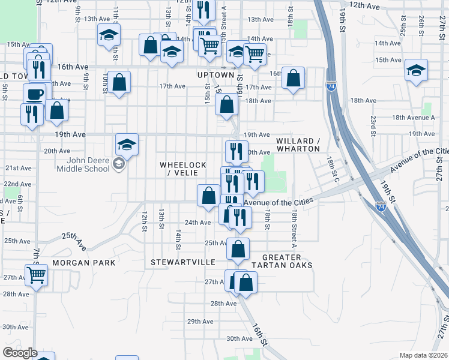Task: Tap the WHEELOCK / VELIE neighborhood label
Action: click(x=183, y=169)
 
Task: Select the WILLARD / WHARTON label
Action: click(x=298, y=145)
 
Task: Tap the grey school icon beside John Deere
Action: click(x=119, y=164)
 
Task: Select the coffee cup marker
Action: click(x=34, y=94)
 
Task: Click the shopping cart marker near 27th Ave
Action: click(x=37, y=275)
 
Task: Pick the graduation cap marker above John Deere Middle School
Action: click(x=127, y=145)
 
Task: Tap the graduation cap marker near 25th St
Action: click(x=416, y=70)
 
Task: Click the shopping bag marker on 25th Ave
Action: click(x=238, y=248)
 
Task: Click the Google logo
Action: click(x=20, y=353)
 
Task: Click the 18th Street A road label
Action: click(x=295, y=229)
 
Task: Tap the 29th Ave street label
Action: click(x=200, y=322)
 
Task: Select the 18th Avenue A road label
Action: click(x=421, y=118)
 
